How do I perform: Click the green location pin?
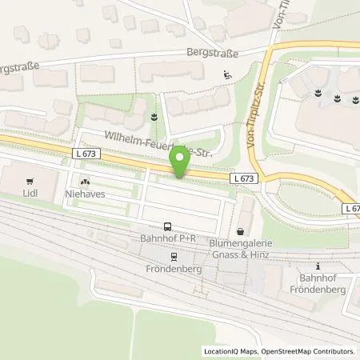(181, 163)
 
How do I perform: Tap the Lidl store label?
(30, 194)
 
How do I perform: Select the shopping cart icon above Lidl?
(30, 181)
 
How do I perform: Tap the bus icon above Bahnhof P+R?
(167, 226)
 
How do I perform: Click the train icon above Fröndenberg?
(173, 257)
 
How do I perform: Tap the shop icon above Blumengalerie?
(239, 231)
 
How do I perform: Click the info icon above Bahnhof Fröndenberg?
(318, 266)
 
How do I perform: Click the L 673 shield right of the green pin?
(246, 179)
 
